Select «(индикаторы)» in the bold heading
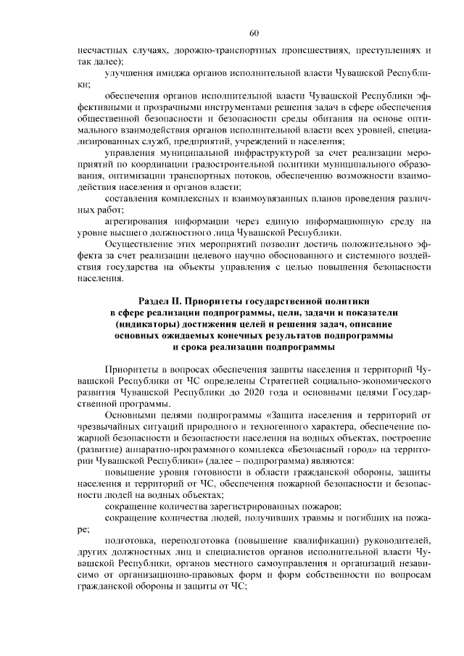tap(146, 323)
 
